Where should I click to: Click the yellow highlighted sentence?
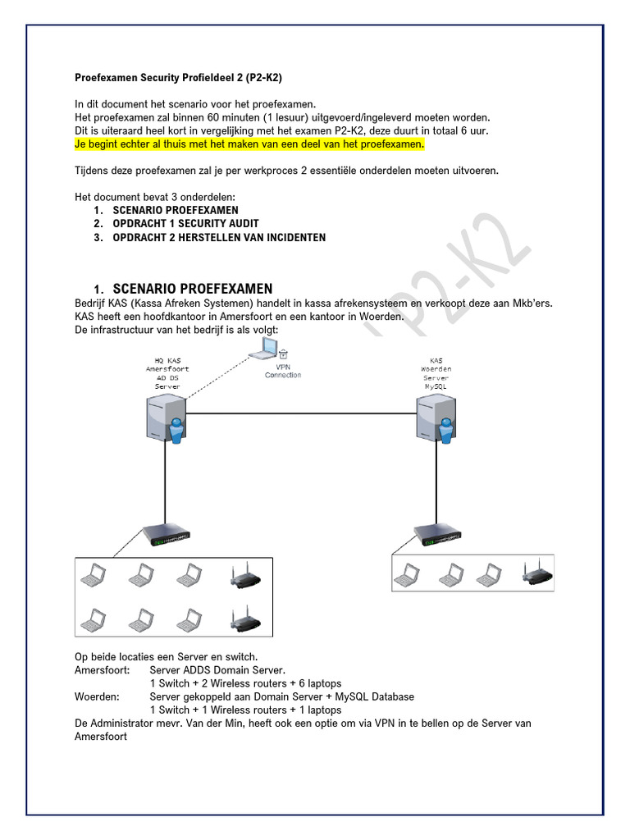click(x=249, y=144)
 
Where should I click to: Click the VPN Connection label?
click(x=283, y=371)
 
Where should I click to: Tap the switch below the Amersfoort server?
click(x=167, y=536)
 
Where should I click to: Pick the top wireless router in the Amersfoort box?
click(x=244, y=577)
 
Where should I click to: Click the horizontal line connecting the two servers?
click(x=300, y=413)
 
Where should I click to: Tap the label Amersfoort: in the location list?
click(x=102, y=670)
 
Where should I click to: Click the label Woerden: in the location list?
click(x=97, y=696)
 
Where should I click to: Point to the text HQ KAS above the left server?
click(x=167, y=360)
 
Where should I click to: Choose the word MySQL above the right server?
click(x=436, y=386)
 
